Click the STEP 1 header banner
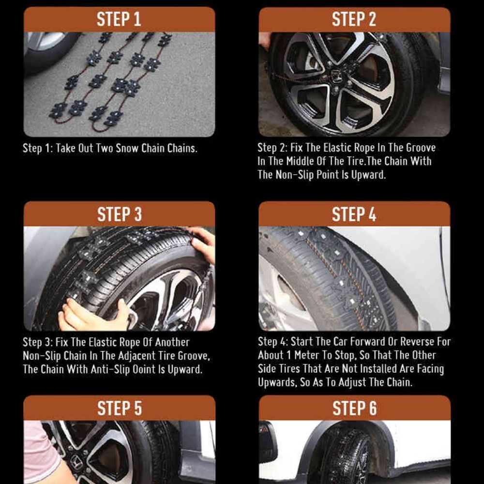pyautogui.click(x=119, y=19)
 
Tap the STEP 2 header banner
pyautogui.click(x=354, y=19)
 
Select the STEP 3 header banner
pyautogui.click(x=119, y=214)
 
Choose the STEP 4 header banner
pyautogui.click(x=354, y=214)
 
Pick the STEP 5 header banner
pyautogui.click(x=119, y=408)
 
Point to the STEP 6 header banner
pyautogui.click(x=354, y=408)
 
